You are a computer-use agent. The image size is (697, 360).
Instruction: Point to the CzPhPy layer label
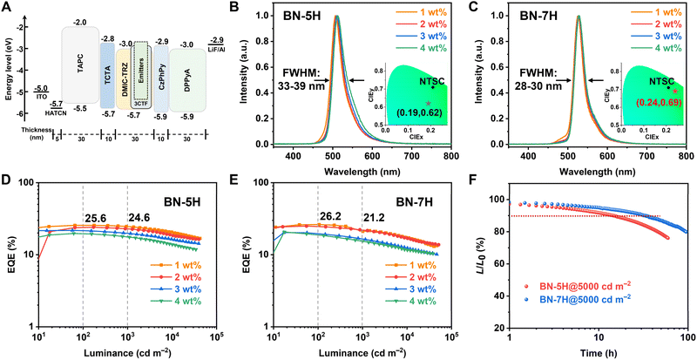[x=160, y=65]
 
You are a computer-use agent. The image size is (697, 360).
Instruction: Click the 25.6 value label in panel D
[x=95, y=217]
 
